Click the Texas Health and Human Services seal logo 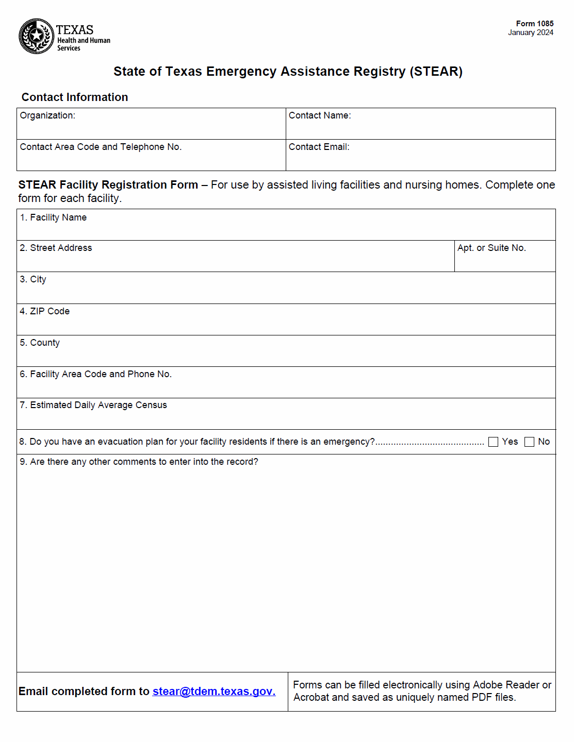point(36,36)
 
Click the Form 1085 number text point(534,24)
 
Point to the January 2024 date point(530,32)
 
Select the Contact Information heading point(75,97)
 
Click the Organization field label point(47,115)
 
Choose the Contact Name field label point(320,115)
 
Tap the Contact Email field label point(319,147)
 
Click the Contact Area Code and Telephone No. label point(101,147)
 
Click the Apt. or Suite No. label point(491,248)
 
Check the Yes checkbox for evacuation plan point(493,442)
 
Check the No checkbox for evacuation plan point(529,442)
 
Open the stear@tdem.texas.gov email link point(214,692)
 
